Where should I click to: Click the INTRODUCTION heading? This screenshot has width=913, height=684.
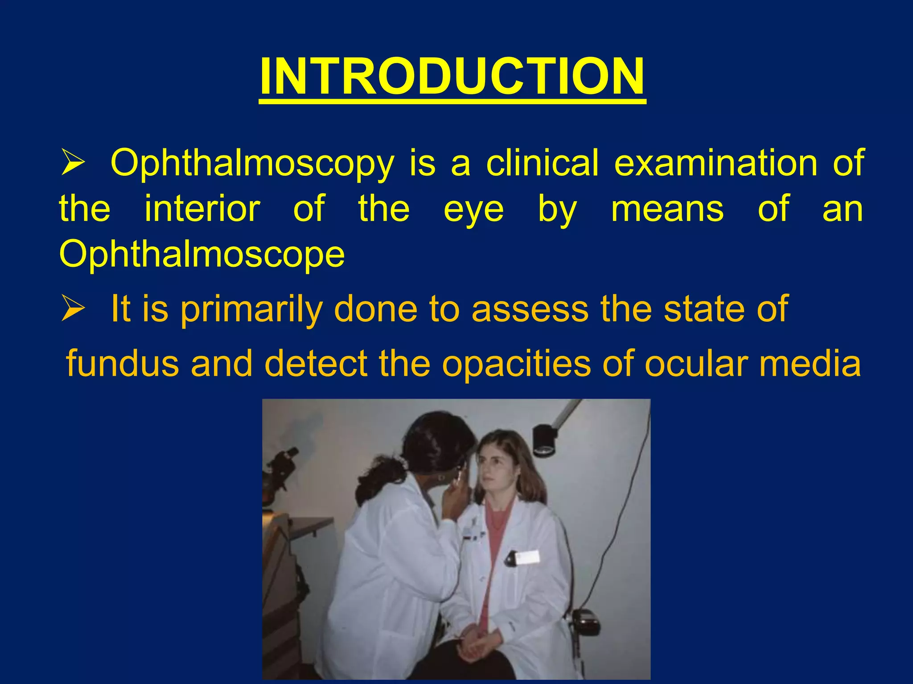coord(452,77)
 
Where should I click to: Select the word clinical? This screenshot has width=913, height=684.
coord(542,163)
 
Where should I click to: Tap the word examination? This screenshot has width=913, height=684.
coord(716,163)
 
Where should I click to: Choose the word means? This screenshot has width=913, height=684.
coord(667,209)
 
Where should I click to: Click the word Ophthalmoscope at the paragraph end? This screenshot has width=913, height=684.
coord(202,255)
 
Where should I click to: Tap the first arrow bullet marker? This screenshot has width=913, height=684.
coord(73,163)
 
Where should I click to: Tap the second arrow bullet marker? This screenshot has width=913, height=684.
coord(73,309)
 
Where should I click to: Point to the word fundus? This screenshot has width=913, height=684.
coord(123,363)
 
